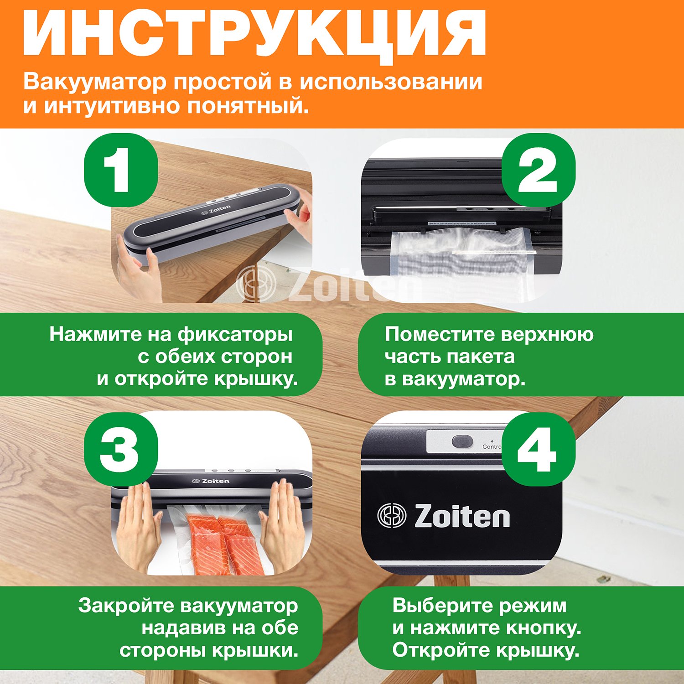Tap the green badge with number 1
click(x=121, y=170)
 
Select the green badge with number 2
click(x=539, y=170)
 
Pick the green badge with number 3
click(x=121, y=449)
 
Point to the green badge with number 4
click(x=539, y=449)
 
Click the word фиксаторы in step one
click(x=235, y=335)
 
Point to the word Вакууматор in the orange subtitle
click(x=95, y=82)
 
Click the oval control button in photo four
click(x=462, y=441)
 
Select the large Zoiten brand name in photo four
click(x=462, y=516)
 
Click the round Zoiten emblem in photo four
click(x=392, y=516)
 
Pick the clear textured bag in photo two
click(x=461, y=262)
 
